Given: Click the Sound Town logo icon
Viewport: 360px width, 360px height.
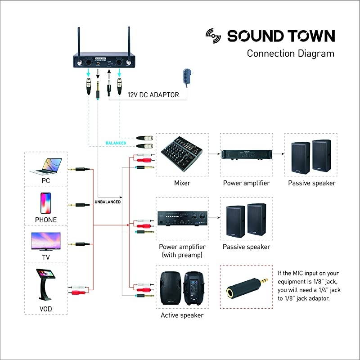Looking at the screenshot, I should click(214, 36).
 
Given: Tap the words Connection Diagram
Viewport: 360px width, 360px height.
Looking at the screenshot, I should click(290, 54).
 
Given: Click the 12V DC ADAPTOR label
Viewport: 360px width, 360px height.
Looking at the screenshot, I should click(153, 95).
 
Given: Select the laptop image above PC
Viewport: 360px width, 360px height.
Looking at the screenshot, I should click(46, 166).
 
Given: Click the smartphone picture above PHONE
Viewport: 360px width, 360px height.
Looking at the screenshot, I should click(46, 203).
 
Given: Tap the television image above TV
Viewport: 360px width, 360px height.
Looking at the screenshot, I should click(45, 241).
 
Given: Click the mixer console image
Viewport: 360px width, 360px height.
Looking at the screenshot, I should click(182, 154).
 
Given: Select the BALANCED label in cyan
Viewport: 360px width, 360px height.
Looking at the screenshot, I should click(116, 143).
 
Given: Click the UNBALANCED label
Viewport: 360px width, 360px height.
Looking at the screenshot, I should click(108, 202).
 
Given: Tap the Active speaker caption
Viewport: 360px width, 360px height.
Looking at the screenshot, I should click(182, 315).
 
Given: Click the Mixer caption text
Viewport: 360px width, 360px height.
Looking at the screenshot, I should click(182, 183).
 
